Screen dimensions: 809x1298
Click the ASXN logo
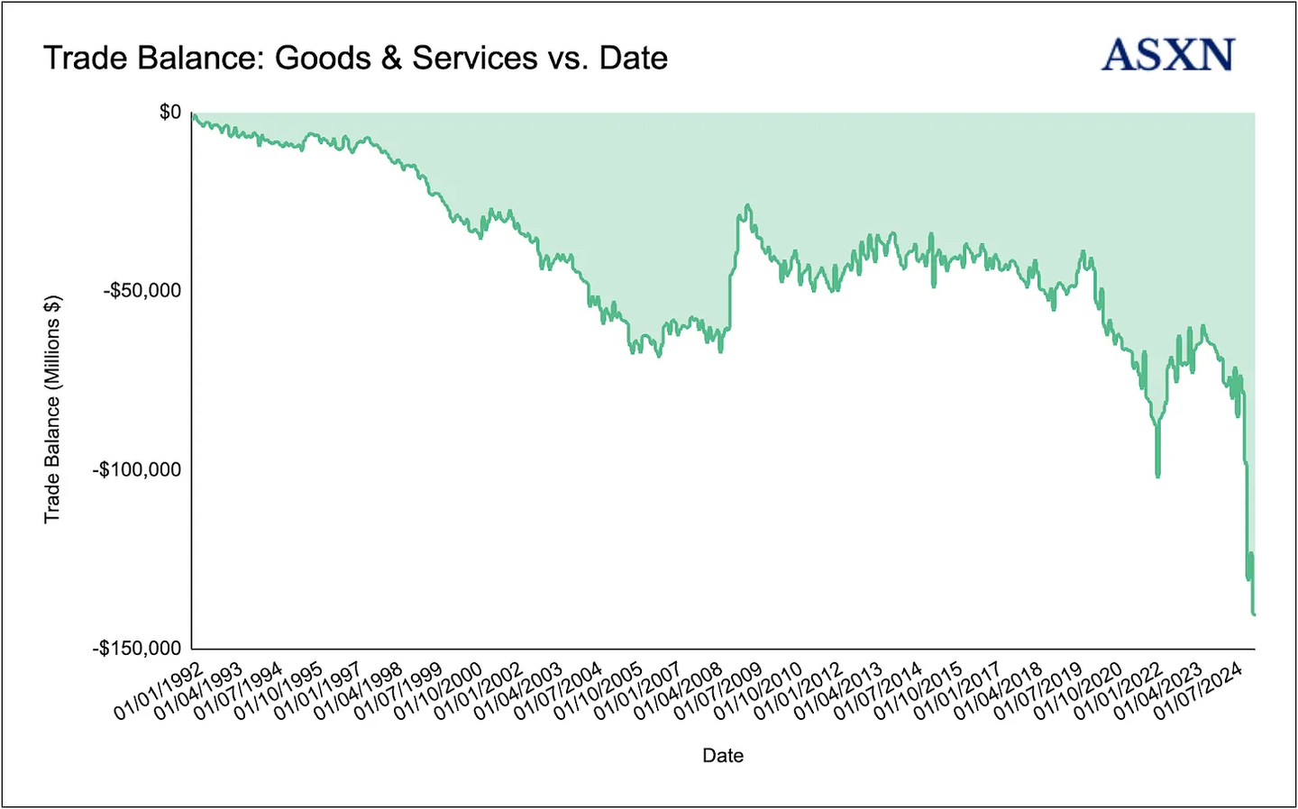(x=1167, y=55)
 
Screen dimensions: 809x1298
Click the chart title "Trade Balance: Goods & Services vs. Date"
(x=355, y=59)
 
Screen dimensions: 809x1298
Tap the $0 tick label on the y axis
(x=170, y=113)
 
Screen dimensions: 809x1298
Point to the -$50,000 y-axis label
(x=142, y=291)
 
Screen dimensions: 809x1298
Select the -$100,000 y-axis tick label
(x=137, y=469)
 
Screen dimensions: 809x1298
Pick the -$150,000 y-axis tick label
(x=137, y=649)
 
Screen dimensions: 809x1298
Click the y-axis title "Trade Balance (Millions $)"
(x=52, y=408)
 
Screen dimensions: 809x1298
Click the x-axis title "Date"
(x=723, y=756)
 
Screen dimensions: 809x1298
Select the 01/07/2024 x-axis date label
(x=1199, y=692)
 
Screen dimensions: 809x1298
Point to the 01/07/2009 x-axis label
(x=718, y=692)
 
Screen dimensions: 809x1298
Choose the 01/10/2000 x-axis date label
(x=438, y=692)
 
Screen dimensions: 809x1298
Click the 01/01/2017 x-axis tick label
(x=958, y=692)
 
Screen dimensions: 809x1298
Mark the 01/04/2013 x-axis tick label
(x=838, y=692)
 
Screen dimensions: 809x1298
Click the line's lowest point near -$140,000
(x=1253, y=614)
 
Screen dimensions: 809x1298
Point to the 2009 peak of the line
(x=746, y=206)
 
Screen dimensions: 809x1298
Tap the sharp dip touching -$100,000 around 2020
(x=1157, y=474)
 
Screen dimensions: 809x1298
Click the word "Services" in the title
(x=475, y=59)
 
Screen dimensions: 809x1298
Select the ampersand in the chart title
(x=391, y=59)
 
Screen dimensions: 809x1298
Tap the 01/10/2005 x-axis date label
(x=599, y=692)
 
